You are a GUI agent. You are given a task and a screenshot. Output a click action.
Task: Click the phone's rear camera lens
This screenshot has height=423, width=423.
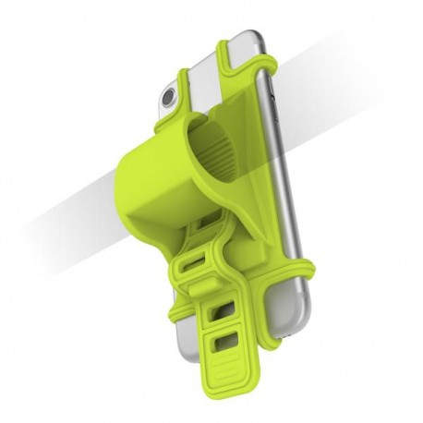[170, 96]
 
